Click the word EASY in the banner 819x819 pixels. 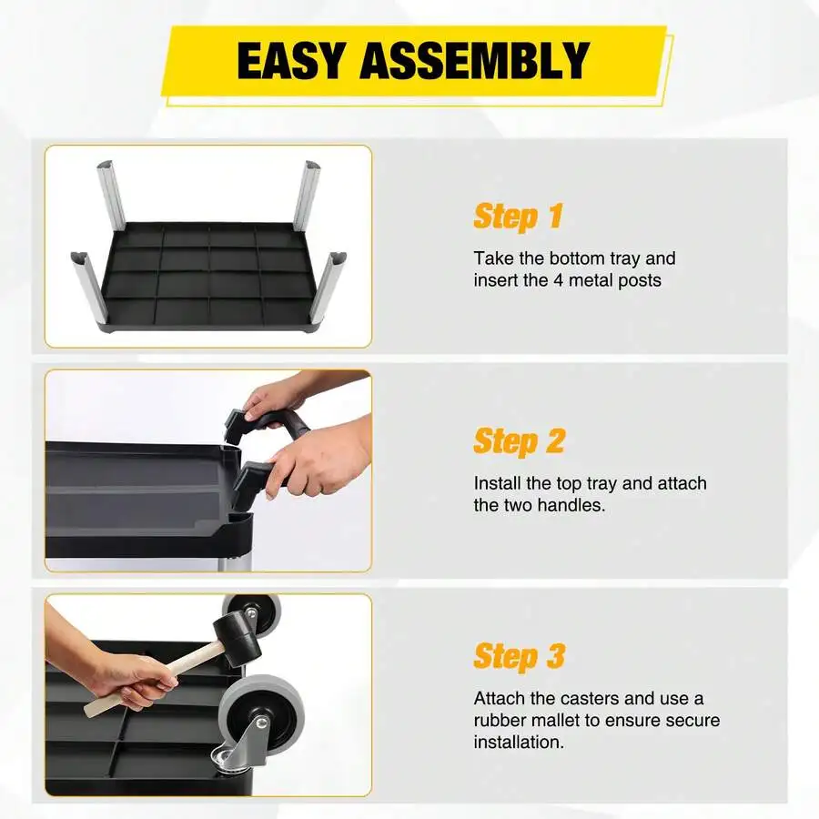point(291,61)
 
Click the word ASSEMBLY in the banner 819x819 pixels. point(475,61)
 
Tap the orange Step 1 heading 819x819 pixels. point(518,217)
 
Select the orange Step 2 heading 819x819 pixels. point(520,441)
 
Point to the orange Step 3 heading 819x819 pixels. point(520,656)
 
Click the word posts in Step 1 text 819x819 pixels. point(640,281)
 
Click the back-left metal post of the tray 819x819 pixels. point(110,194)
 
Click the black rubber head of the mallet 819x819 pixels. point(238,638)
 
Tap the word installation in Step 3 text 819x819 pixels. point(519,742)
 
